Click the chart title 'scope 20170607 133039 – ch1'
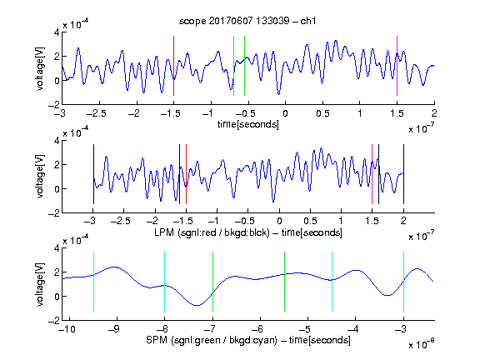247,21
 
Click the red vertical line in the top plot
173,66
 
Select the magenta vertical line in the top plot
397,66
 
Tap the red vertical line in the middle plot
186,174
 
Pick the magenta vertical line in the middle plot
372,174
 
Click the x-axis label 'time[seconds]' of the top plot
248,124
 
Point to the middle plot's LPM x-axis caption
248,232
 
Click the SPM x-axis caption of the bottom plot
248,340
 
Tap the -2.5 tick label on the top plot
96,114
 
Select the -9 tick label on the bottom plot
114,329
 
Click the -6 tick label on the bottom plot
257,329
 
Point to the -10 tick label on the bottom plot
66,329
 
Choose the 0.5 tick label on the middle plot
310,221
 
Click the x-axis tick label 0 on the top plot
285,114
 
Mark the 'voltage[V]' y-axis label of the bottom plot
40,284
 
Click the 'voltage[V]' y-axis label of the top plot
40,68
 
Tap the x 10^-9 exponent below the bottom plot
421,344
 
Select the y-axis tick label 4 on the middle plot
57,141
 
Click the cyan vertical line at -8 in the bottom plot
165,282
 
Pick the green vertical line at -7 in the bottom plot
212,282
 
